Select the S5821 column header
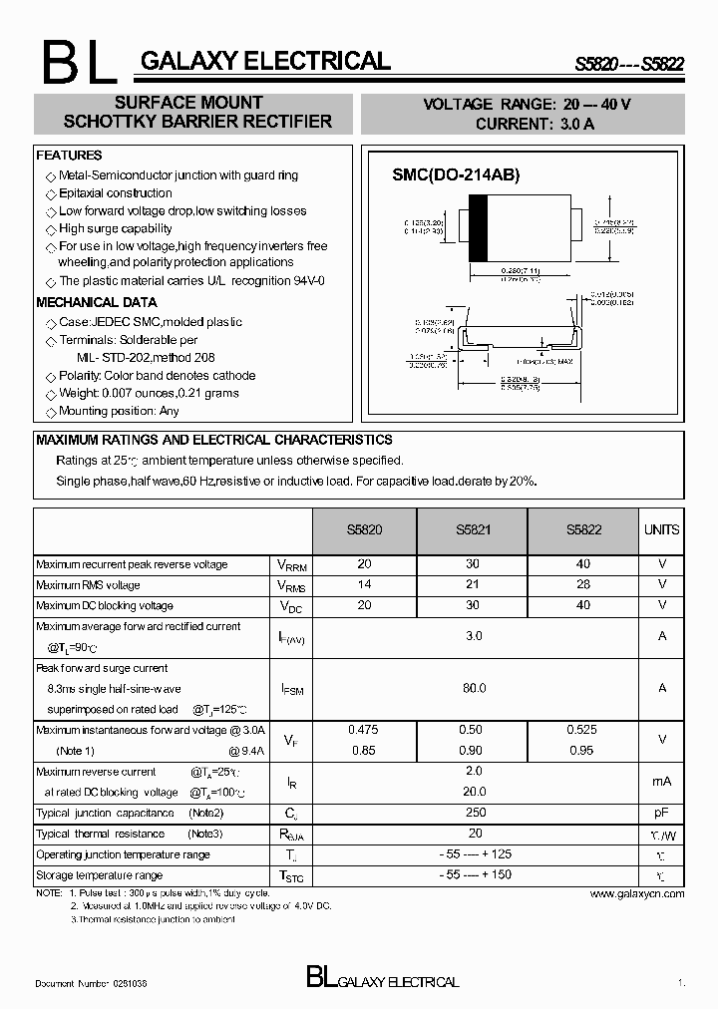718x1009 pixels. (x=475, y=530)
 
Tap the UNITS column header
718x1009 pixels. (x=661, y=530)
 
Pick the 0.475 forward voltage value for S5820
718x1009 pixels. (x=363, y=730)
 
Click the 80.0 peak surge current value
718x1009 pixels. (x=475, y=688)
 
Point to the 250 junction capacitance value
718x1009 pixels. (x=475, y=813)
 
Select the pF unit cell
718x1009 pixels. (x=661, y=814)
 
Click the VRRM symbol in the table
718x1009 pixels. (x=292, y=565)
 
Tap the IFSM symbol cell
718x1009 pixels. (x=292, y=689)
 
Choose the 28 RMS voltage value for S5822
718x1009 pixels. (x=583, y=585)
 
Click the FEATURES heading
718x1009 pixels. (x=69, y=156)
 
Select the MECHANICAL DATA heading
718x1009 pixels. (x=97, y=302)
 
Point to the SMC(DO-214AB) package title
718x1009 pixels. (x=456, y=174)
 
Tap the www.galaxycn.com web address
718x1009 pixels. (x=637, y=894)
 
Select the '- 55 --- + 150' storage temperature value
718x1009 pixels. (x=475, y=874)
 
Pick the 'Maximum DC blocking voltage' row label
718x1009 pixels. (x=105, y=605)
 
